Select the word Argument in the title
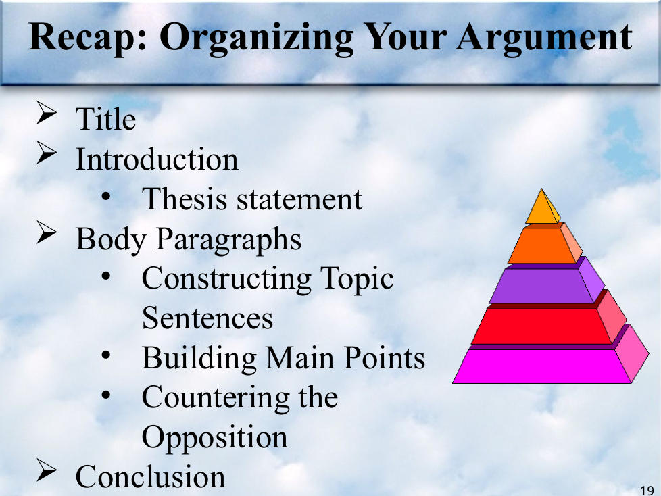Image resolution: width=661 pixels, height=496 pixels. (544, 38)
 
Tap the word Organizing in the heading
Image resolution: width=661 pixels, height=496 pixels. (256, 38)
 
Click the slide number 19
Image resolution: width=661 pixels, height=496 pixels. (647, 491)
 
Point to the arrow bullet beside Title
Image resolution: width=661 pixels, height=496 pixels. (47, 113)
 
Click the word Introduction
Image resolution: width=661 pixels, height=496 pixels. (157, 159)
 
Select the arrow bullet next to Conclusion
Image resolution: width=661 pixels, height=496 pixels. (47, 470)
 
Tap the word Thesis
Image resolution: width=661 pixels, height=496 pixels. (185, 199)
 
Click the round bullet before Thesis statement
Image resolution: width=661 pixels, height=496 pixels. (106, 197)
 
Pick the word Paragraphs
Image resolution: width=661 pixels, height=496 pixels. (228, 239)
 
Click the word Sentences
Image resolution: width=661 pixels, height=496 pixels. (207, 318)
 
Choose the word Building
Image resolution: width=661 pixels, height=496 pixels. (199, 358)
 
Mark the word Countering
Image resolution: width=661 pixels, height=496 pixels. (216, 398)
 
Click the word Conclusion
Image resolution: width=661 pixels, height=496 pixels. (151, 477)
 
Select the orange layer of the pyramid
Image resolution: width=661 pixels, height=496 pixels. (544, 245)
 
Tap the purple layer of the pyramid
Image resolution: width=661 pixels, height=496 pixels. (546, 285)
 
